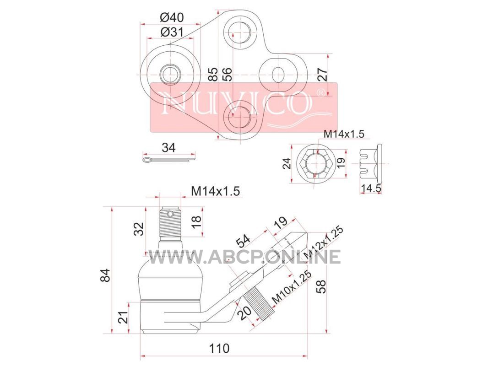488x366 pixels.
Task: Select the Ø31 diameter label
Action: tap(172, 32)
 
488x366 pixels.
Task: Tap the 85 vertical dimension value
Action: tap(213, 75)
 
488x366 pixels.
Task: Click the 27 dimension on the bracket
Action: tap(323, 75)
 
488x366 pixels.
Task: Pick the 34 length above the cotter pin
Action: tap(168, 147)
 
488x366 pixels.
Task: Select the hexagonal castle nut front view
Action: tap(315, 162)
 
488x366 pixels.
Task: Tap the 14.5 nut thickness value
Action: tap(371, 188)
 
